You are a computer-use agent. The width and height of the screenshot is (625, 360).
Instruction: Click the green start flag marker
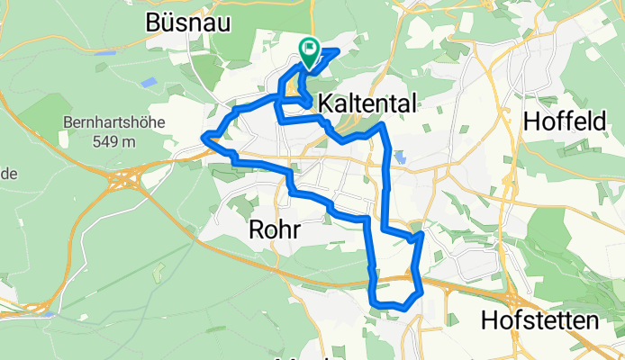tap(309, 53)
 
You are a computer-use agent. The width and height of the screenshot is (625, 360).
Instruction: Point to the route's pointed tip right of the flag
tap(337, 50)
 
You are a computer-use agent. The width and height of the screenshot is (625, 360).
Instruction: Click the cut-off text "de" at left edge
tap(5, 174)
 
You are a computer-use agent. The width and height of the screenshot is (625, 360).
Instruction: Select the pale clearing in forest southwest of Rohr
tap(160, 270)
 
